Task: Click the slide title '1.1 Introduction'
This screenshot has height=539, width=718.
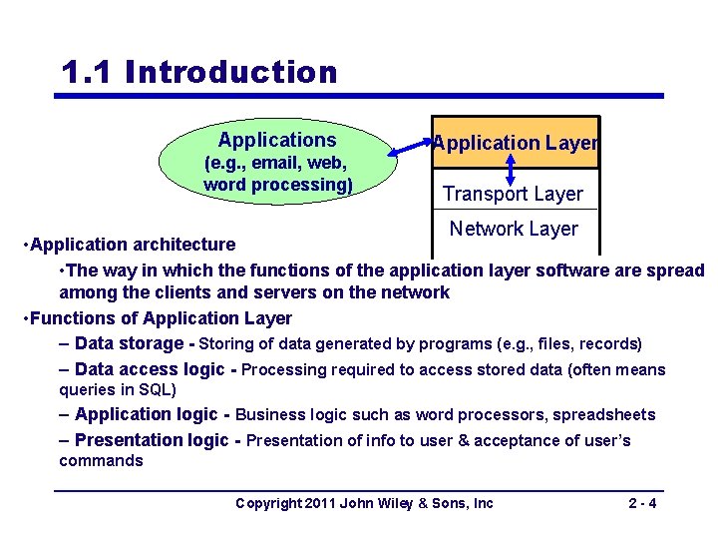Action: tap(199, 73)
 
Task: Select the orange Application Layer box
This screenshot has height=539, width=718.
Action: tap(515, 143)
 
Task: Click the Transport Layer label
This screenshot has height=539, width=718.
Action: tap(513, 194)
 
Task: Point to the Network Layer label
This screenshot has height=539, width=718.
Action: tap(514, 229)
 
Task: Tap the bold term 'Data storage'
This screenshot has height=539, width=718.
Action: tap(134, 343)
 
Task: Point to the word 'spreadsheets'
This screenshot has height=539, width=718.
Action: tap(605, 414)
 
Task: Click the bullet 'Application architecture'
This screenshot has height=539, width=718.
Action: tap(133, 245)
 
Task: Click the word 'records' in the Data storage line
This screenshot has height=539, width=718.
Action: tap(609, 343)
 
